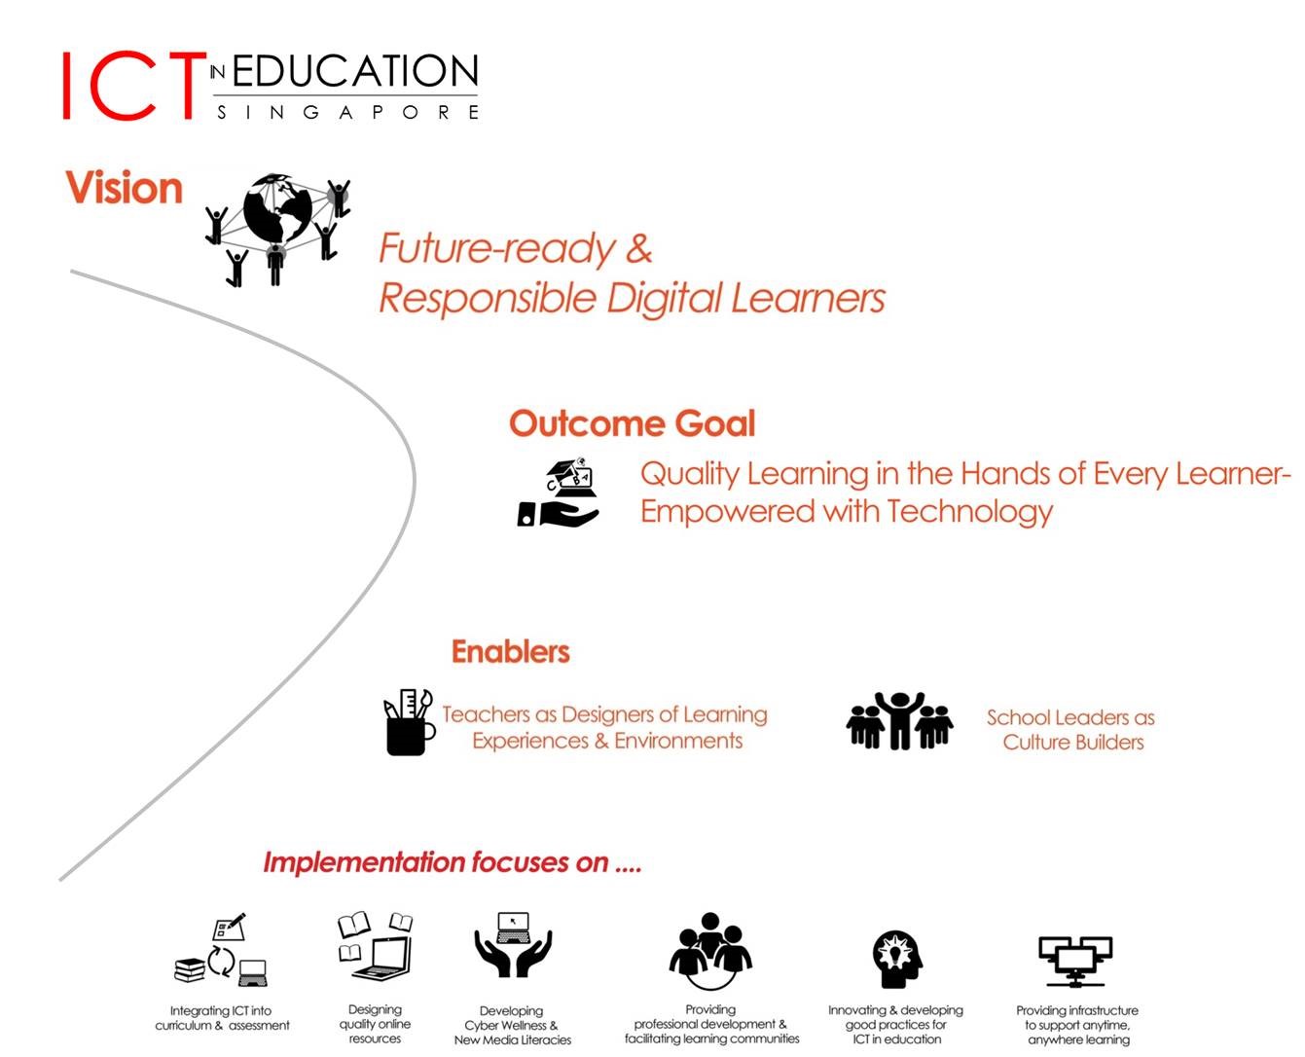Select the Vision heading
point(125,187)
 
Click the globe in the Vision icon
point(277,207)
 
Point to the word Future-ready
point(497,248)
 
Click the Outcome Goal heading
point(632,422)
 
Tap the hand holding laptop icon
point(558,492)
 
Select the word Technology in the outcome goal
point(969,512)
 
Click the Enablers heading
point(510,651)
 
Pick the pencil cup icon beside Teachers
point(409,722)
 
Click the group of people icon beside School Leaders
point(899,720)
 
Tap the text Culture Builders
point(1072,742)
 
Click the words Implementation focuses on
point(436,862)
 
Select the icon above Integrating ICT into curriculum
point(221,949)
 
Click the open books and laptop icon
point(375,945)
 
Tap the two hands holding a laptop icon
point(513,944)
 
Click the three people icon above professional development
point(710,950)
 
